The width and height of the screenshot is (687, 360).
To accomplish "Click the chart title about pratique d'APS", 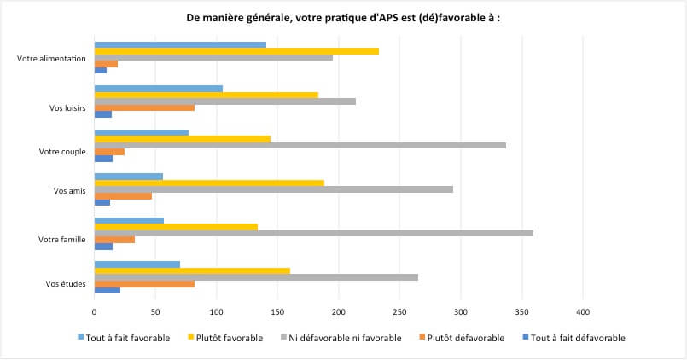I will click(x=343, y=17).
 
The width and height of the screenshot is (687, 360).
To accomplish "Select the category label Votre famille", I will click(x=61, y=240).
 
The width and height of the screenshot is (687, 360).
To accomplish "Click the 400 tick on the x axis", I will click(x=584, y=311).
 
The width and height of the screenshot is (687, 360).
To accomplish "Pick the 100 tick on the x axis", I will click(x=217, y=311).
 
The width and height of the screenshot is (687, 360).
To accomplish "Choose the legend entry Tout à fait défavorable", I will click(x=578, y=338).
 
